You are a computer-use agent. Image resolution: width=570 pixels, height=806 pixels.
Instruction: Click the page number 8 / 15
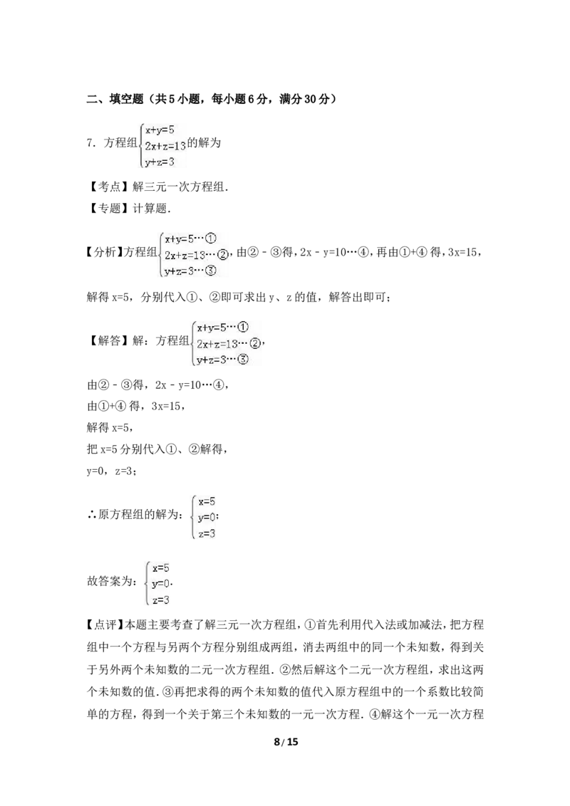pyautogui.click(x=286, y=741)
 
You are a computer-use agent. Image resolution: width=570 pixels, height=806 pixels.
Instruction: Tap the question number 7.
pyautogui.click(x=92, y=143)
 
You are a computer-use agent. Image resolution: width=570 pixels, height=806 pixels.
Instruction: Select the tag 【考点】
pyautogui.click(x=109, y=187)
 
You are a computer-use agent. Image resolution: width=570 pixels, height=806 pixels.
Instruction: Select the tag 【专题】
pyautogui.click(x=109, y=208)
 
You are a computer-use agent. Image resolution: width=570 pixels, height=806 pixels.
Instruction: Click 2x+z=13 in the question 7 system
pyautogui.click(x=165, y=147)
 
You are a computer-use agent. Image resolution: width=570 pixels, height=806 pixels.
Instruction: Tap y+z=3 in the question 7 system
pyautogui.click(x=160, y=162)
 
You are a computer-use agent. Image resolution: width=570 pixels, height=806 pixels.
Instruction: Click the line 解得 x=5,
pyautogui.click(x=110, y=427)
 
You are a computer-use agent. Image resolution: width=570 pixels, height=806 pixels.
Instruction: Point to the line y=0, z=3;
pyautogui.click(x=112, y=471)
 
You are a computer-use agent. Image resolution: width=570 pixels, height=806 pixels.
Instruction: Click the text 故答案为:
pyautogui.click(x=113, y=582)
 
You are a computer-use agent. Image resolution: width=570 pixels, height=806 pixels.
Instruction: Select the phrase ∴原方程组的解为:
pyautogui.click(x=135, y=514)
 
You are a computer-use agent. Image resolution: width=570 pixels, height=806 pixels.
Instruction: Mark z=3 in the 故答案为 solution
pyautogui.click(x=160, y=600)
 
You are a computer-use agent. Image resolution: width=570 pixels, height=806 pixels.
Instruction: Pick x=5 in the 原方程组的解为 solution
pyautogui.click(x=207, y=501)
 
